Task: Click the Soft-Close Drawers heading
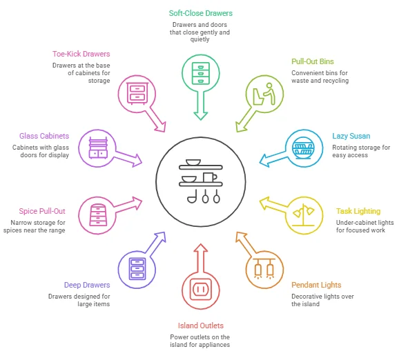pos(201,13)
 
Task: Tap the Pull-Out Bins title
pos(313,61)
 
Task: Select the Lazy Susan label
pos(351,136)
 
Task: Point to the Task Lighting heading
pos(358,211)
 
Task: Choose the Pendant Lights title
pos(316,285)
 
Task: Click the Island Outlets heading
pos(201,326)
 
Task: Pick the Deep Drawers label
pos(87,285)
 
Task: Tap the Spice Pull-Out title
pos(42,211)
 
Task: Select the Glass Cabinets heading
pos(44,136)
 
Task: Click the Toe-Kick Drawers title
pos(81,54)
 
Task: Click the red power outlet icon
pos(201,289)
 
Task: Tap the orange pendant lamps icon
pos(264,269)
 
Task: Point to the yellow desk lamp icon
pos(303,215)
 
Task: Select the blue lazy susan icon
pos(303,148)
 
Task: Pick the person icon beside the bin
pos(269,94)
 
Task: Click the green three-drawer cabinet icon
pos(201,73)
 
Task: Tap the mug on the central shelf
pos(210,177)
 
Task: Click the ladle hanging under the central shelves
pos(192,197)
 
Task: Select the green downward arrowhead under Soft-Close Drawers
pos(201,116)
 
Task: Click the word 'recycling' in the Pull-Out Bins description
pos(336,81)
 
